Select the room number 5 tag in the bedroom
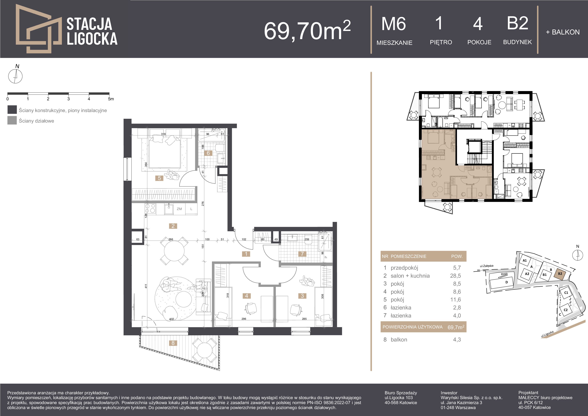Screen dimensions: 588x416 tap(159, 178)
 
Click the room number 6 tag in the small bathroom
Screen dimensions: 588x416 tap(208, 153)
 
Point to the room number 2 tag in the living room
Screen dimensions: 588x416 tap(173, 226)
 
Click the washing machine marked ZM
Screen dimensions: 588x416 tap(179, 209)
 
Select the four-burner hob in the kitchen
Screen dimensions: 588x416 tap(150, 208)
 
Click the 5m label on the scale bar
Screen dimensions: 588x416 tap(111, 99)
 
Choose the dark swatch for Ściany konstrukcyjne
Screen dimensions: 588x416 tap(12, 110)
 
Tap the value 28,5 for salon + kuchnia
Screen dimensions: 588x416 tap(457, 276)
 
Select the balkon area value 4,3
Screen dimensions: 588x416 tap(457, 340)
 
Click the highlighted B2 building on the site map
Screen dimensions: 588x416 tap(560, 274)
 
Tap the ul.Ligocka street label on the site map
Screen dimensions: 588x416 tap(547, 334)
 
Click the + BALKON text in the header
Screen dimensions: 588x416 tap(563, 32)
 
